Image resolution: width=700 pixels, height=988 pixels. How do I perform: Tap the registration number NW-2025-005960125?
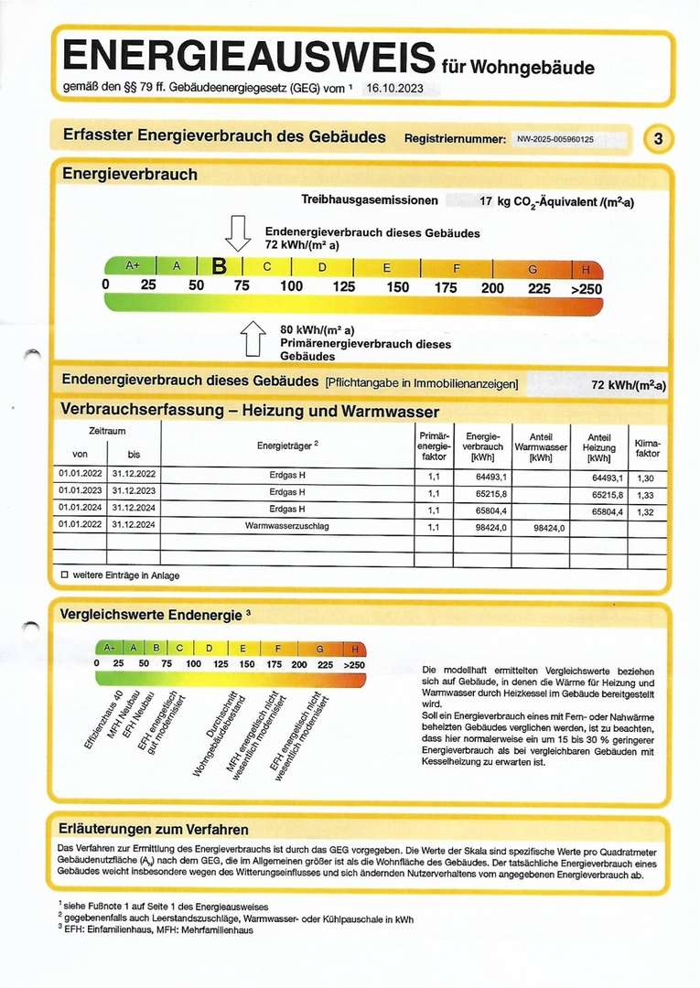coord(568,139)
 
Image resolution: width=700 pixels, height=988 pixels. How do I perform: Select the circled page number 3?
coord(659,139)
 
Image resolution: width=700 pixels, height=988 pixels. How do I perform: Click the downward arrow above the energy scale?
coord(238,233)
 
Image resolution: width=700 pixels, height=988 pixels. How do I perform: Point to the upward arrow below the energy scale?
coord(253,338)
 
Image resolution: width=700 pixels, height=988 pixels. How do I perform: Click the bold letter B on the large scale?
coord(219,267)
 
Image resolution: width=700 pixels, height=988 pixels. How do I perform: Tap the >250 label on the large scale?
coord(586,287)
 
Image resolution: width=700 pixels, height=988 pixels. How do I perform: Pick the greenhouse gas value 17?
coord(487,199)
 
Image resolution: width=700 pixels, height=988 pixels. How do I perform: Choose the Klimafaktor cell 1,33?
coord(643,493)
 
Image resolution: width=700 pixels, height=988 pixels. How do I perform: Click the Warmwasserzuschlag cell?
coord(287,527)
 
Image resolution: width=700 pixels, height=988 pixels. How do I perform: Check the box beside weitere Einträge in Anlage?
coord(64,575)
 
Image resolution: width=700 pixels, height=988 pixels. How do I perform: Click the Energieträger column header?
coord(287,446)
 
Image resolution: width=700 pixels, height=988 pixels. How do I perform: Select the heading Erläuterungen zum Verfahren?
coord(153,830)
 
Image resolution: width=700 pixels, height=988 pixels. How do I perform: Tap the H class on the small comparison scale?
coord(354,649)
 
